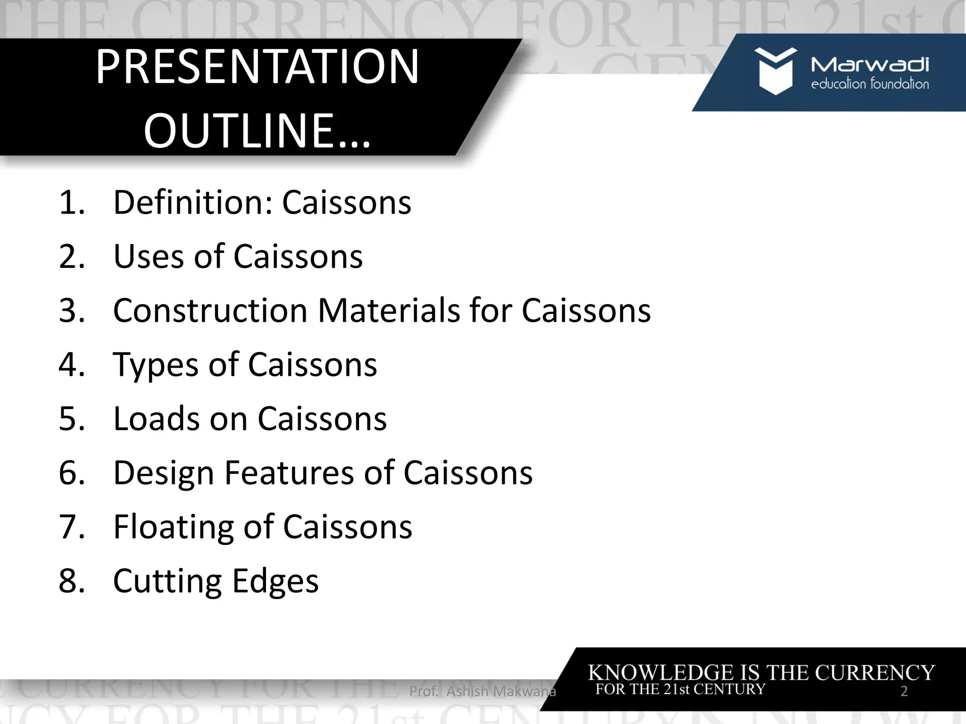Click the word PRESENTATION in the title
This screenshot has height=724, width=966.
tap(258, 67)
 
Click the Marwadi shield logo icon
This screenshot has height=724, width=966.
tap(775, 71)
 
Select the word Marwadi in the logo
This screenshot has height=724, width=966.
tap(870, 65)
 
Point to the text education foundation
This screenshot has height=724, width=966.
tap(870, 84)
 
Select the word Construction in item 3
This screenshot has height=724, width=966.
tap(210, 311)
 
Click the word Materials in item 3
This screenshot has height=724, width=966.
tap(389, 311)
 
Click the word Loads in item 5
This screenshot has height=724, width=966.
tap(156, 419)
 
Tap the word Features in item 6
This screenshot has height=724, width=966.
tap(289, 473)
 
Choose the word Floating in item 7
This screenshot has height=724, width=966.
tap(173, 527)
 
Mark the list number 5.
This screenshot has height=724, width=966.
tap(71, 419)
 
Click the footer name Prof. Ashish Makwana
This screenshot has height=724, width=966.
tap(483, 691)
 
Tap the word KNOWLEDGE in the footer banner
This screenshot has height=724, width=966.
tap(662, 673)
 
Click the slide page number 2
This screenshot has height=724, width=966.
tap(904, 691)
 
